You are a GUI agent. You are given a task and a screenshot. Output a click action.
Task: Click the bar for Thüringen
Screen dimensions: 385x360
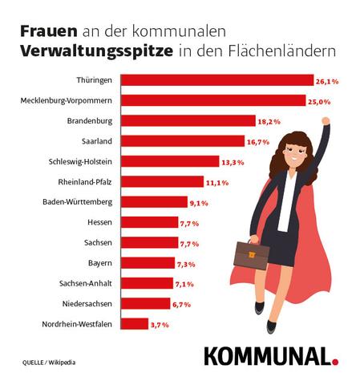coord(216,80)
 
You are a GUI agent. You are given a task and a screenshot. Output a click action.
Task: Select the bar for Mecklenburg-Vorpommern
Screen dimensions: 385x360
coord(213,100)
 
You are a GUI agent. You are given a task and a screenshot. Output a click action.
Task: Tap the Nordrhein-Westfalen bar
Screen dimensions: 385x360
coord(135,324)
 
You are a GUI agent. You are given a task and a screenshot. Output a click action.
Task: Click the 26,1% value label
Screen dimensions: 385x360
coord(328,81)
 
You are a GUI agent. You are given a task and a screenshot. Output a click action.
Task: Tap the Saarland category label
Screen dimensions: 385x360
coord(95,141)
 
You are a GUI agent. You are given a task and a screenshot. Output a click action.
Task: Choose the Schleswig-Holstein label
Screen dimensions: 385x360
coord(80,161)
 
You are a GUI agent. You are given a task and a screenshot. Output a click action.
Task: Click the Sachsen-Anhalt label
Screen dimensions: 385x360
coord(85,283)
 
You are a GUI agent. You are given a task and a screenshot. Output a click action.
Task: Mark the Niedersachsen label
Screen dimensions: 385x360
coord(87,304)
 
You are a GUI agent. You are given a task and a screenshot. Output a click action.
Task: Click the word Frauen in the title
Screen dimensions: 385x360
coord(46,30)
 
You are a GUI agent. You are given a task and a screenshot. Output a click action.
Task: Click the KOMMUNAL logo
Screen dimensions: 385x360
coord(265,355)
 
